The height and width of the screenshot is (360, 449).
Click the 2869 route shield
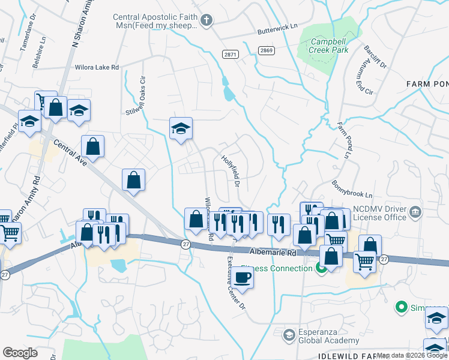(x=267, y=50)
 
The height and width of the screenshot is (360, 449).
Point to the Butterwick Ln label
(x=277, y=28)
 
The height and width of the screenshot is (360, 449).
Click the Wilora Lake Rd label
(x=97, y=68)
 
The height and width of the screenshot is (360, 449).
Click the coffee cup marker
(x=242, y=278)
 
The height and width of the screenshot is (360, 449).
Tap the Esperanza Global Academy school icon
(x=289, y=335)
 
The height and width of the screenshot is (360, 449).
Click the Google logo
(x=20, y=353)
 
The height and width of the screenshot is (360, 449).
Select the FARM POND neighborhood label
(x=427, y=84)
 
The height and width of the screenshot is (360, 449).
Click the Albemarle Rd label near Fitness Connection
(x=275, y=253)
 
